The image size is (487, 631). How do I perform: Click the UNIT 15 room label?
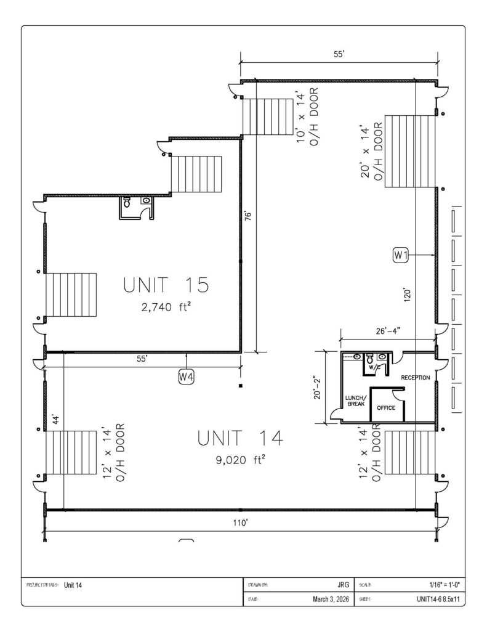click(x=166, y=285)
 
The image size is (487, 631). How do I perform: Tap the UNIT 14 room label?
click(x=240, y=438)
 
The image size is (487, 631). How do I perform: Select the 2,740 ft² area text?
click(x=166, y=307)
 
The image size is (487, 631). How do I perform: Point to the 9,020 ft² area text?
click(x=240, y=460)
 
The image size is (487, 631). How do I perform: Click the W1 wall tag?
click(x=401, y=254)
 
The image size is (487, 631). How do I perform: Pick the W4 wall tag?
click(x=186, y=377)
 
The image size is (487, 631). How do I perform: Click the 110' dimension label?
click(x=241, y=523)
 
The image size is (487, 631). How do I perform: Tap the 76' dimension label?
click(x=249, y=215)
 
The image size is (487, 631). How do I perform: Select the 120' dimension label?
click(x=407, y=295)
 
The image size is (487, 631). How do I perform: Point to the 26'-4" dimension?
click(x=388, y=331)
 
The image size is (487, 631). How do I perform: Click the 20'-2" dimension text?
click(x=318, y=388)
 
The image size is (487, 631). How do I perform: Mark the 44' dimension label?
click(x=57, y=419)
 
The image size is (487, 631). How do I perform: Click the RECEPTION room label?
click(x=416, y=378)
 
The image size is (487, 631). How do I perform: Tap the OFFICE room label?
click(x=386, y=408)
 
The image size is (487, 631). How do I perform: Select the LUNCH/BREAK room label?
click(x=356, y=401)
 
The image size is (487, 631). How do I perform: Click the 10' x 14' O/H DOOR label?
click(x=308, y=116)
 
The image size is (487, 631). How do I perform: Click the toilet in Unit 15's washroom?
click(x=127, y=202)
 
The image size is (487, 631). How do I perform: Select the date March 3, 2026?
click(x=331, y=599)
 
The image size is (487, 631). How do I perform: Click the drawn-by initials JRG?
click(x=343, y=585)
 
